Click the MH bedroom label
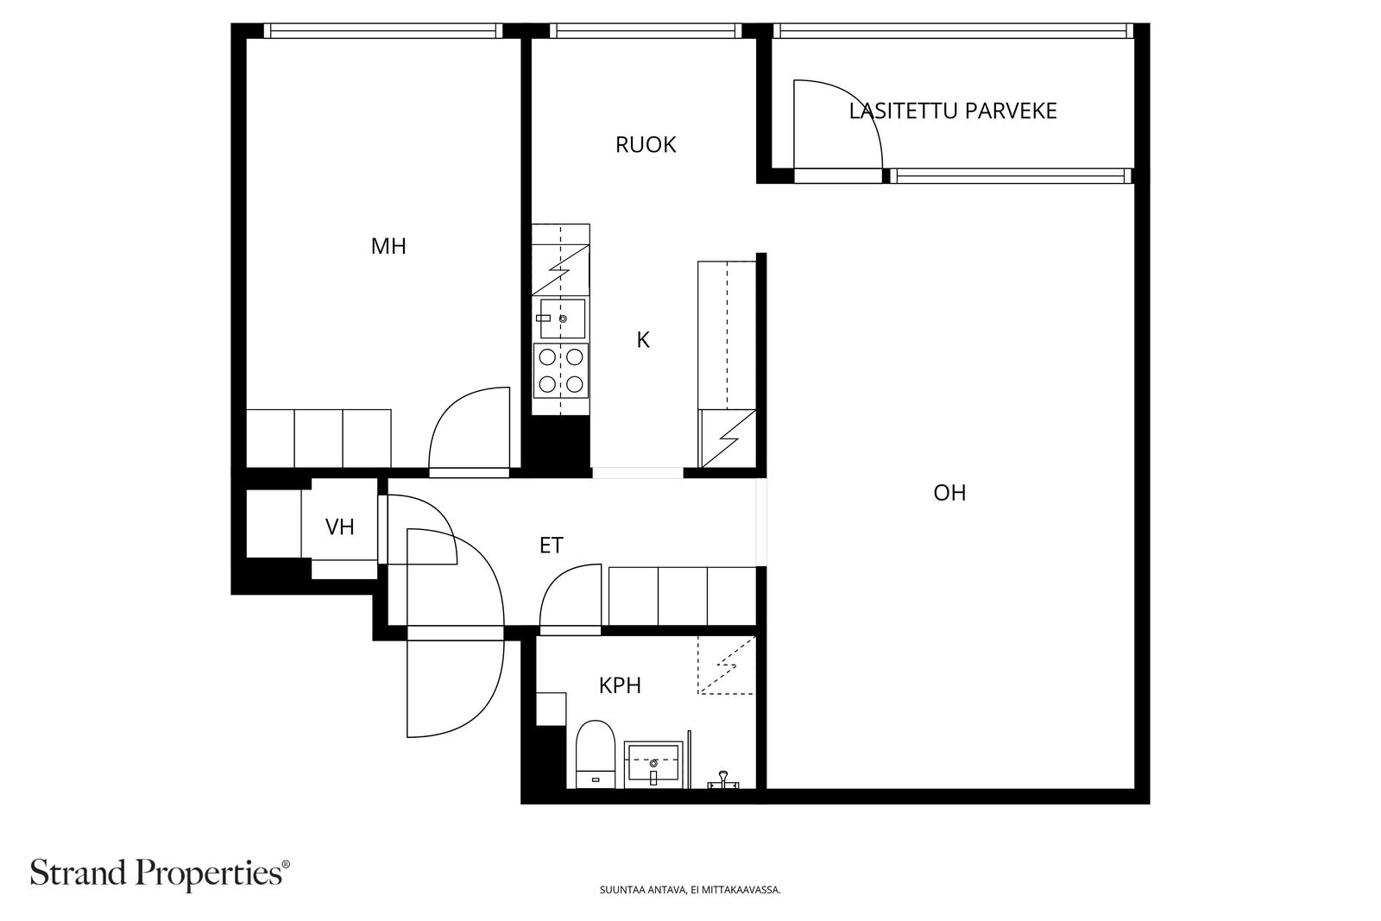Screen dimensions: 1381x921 click(388, 247)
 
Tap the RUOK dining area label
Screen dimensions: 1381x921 click(646, 145)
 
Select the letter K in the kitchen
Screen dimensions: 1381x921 click(643, 340)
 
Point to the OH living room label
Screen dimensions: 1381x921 click(949, 493)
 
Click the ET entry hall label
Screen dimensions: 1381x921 click(552, 546)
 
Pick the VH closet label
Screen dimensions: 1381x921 click(340, 527)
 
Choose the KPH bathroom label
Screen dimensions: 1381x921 click(621, 685)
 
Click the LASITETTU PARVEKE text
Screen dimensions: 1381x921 click(953, 111)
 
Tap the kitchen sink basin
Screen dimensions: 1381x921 click(563, 319)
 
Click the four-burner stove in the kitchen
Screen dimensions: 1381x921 click(561, 371)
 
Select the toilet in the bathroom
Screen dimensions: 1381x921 click(596, 754)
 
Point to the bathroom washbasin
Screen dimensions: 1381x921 click(653, 765)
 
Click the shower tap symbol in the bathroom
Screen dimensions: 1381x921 click(723, 779)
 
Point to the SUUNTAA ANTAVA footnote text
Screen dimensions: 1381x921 click(690, 890)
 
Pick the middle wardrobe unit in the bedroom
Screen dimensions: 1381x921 click(318, 438)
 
